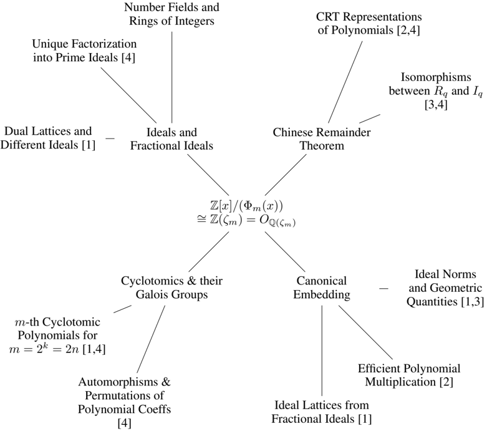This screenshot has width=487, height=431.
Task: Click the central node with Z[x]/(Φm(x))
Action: coord(243,212)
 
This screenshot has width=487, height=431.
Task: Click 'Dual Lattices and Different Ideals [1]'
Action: coord(48,138)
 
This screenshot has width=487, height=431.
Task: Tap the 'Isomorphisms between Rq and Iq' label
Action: coord(434,92)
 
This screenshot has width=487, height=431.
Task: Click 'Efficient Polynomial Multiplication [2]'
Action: coord(409,374)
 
